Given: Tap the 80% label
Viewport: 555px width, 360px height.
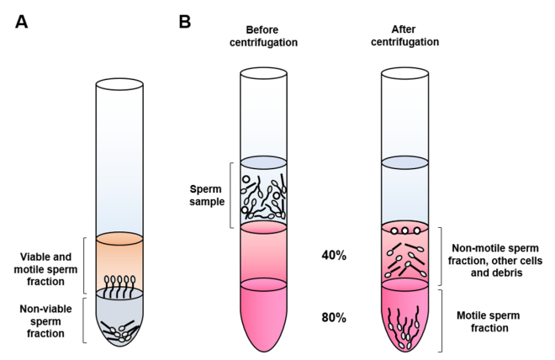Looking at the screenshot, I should [334, 319].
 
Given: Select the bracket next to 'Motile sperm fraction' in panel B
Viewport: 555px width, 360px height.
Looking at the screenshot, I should [441, 320].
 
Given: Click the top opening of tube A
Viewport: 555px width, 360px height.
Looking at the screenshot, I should [119, 84].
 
